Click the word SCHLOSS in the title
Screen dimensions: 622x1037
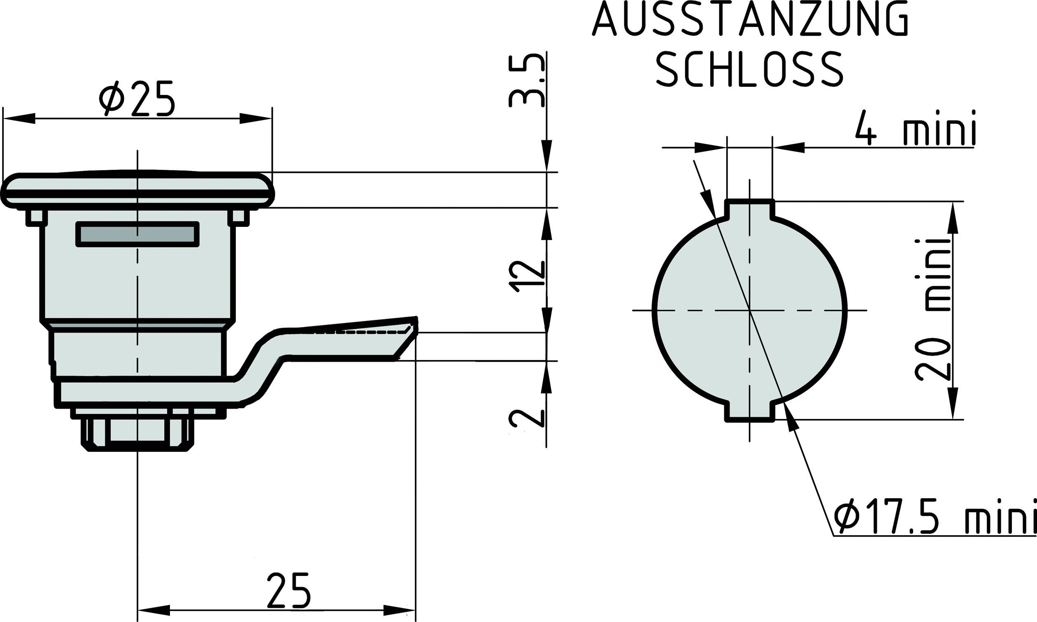pos(750,69)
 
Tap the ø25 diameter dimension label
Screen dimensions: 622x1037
pos(136,99)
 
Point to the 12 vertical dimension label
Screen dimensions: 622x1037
pos(527,276)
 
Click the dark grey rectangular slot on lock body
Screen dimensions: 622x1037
pos(137,234)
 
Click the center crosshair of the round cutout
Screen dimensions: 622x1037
pos(750,310)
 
